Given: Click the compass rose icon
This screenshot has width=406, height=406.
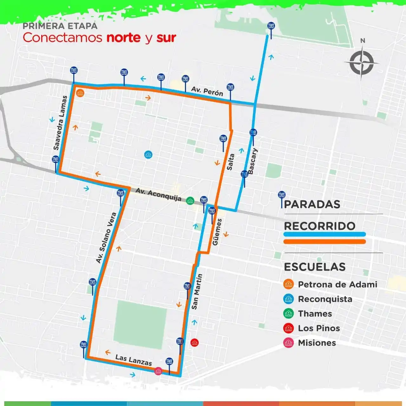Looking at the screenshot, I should (x=362, y=62).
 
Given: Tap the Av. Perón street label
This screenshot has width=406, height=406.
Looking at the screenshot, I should (x=207, y=91).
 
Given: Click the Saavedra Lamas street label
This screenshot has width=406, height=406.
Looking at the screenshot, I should (x=60, y=123).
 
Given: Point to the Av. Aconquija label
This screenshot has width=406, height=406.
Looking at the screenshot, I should (x=158, y=194).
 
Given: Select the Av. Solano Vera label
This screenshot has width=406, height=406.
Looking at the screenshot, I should (x=106, y=238).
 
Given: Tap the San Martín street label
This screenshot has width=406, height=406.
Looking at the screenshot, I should (x=197, y=292).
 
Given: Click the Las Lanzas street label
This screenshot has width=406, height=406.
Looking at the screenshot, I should (x=134, y=360).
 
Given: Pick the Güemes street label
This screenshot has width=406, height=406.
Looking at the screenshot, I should (x=217, y=232).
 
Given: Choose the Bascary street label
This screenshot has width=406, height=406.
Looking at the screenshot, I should (x=252, y=161).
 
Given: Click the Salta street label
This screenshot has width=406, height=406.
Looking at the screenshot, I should (x=231, y=162).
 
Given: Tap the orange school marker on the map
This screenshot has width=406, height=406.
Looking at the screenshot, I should (x=80, y=93).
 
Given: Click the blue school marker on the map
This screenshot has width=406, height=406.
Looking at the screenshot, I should (x=148, y=154).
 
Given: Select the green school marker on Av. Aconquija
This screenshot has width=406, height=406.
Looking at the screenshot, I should (x=190, y=200).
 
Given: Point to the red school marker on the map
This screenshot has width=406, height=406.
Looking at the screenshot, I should (x=194, y=342).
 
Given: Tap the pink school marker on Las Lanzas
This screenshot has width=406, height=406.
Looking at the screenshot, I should (x=158, y=371).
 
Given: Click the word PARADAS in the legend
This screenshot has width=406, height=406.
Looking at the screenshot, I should (x=312, y=205).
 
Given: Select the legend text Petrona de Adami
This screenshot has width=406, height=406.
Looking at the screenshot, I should (x=337, y=285).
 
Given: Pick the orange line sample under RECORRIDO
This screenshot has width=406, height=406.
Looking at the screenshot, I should (x=324, y=242).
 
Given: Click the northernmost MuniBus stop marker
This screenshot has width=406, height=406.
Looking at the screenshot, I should (x=271, y=26).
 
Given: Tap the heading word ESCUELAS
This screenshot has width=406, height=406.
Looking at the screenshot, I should (x=315, y=267).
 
